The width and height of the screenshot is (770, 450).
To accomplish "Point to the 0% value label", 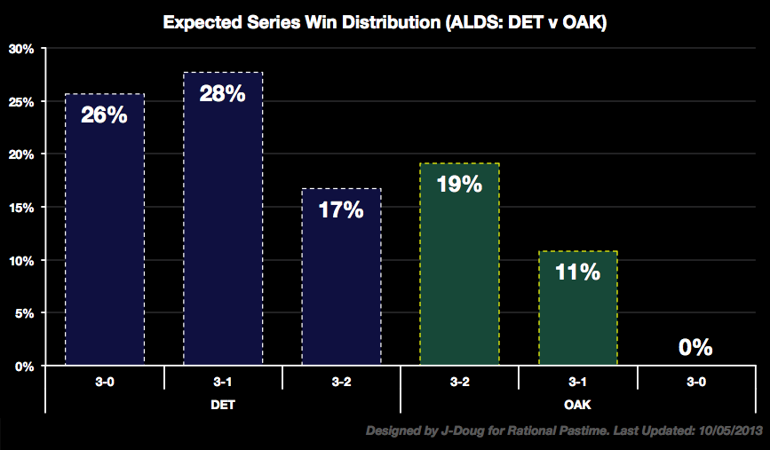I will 695,347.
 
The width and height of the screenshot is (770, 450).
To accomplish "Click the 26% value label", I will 104,115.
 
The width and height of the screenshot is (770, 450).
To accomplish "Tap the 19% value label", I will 459,185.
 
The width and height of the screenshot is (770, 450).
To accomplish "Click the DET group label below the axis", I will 223,402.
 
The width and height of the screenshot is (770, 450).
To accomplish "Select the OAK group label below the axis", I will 577,402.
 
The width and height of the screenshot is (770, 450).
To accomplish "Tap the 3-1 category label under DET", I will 223,379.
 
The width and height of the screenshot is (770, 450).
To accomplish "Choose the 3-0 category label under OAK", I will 695,379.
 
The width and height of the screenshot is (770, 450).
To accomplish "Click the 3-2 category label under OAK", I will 459,379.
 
